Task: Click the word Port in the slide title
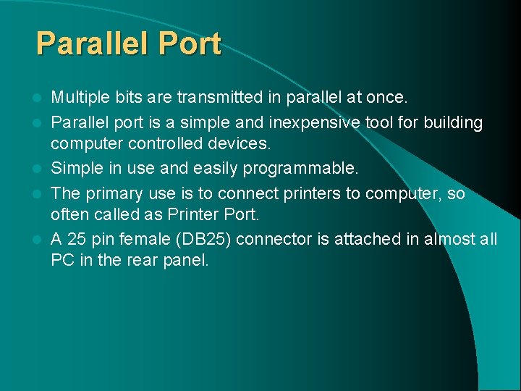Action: (x=190, y=44)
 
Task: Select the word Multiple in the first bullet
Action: (x=79, y=97)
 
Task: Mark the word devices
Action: (x=237, y=143)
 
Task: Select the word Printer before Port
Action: (x=198, y=214)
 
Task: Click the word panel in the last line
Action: (x=187, y=260)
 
